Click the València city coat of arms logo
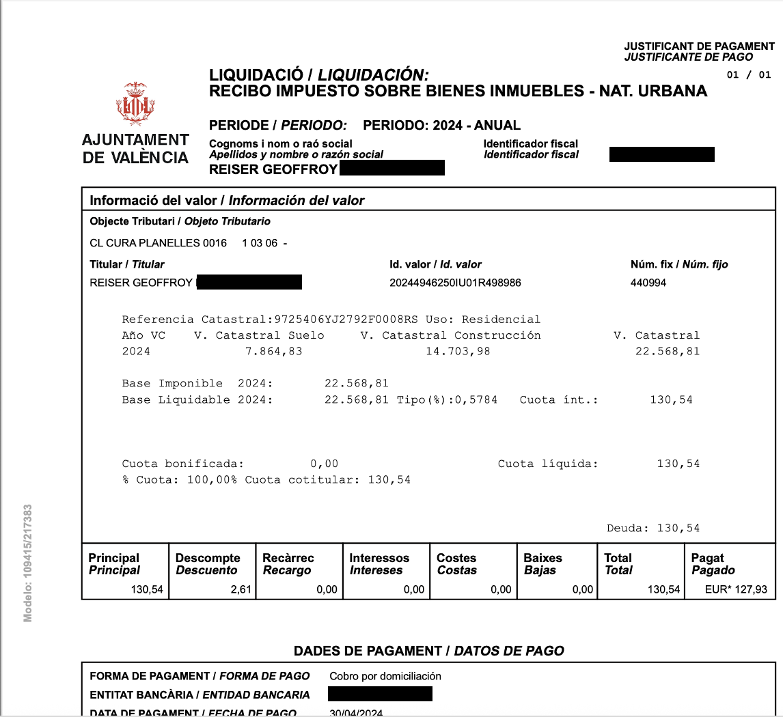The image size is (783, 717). (135, 104)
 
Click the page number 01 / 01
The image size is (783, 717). (748, 74)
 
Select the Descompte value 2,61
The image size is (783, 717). (242, 589)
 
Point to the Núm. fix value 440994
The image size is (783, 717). (648, 282)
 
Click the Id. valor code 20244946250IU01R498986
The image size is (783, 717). (455, 282)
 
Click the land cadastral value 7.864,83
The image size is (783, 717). (273, 352)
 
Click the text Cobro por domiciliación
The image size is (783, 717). (385, 676)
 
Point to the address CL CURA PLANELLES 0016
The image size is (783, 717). (159, 243)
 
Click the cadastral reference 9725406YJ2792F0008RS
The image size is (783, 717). (346, 320)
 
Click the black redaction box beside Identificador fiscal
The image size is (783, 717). (661, 154)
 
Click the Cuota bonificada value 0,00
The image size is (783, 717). (324, 464)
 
